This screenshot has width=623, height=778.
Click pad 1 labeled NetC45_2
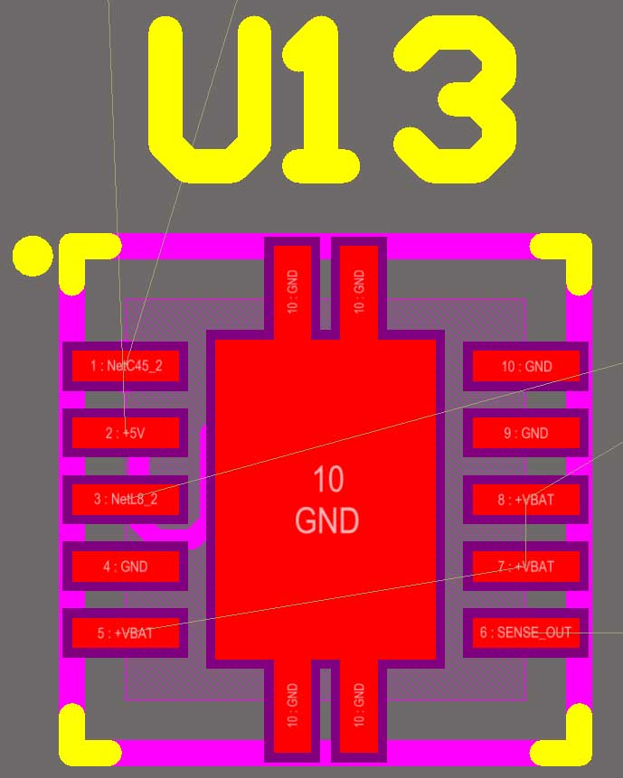click(x=125, y=366)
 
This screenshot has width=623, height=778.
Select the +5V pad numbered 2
click(x=125, y=433)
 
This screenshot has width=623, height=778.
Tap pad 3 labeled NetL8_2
click(x=125, y=499)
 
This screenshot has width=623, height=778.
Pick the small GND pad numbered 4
click(x=125, y=567)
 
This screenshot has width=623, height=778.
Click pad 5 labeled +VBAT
click(x=125, y=633)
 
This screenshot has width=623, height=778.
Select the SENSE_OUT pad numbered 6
click(x=525, y=633)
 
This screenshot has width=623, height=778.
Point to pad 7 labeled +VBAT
click(x=525, y=567)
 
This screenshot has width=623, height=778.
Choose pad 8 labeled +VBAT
click(x=525, y=499)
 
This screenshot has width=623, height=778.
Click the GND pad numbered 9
click(x=525, y=433)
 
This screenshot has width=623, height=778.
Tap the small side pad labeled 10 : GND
click(x=525, y=366)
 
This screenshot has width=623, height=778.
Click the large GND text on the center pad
click(x=326, y=521)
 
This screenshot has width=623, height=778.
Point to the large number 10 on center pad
click(x=327, y=480)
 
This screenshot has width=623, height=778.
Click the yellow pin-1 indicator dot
click(x=33, y=256)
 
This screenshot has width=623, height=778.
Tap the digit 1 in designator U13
click(x=321, y=99)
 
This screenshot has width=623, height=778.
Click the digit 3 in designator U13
click(x=457, y=99)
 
